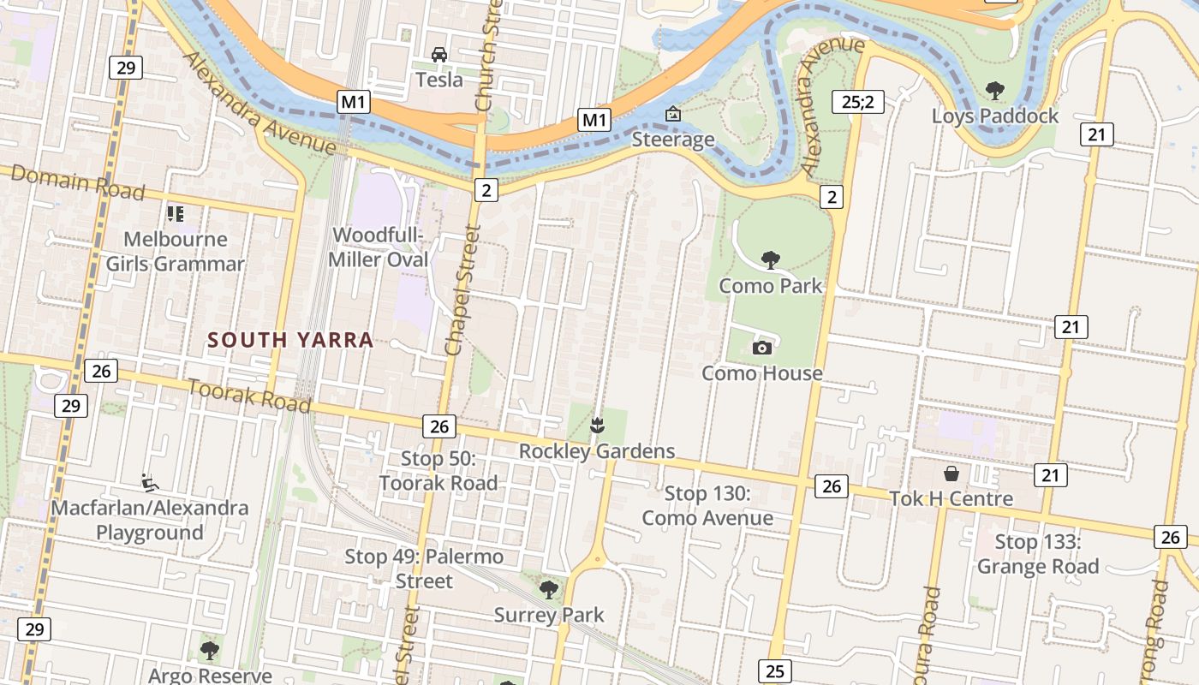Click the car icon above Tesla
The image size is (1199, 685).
439,55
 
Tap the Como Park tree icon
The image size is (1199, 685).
771,260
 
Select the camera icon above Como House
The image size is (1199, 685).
761,348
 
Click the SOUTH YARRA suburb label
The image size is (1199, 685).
290,340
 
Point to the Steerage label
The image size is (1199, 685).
673,140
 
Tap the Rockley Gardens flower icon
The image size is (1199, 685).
597,425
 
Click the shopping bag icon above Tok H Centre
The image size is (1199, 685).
951,474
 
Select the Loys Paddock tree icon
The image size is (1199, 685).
994,90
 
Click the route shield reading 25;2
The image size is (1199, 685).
857,102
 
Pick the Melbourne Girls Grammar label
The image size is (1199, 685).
176,251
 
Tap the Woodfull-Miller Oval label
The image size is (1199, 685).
379,247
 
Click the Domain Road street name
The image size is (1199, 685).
78,182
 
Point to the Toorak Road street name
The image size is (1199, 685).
249,395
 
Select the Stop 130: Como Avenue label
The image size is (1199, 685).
707,505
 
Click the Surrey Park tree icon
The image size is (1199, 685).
549,589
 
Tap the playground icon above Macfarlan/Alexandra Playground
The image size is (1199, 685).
150,483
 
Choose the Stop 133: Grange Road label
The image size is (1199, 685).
1038,554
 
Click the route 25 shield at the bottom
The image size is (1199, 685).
774,670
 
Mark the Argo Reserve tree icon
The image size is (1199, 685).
210,651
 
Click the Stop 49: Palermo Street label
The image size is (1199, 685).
424,569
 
